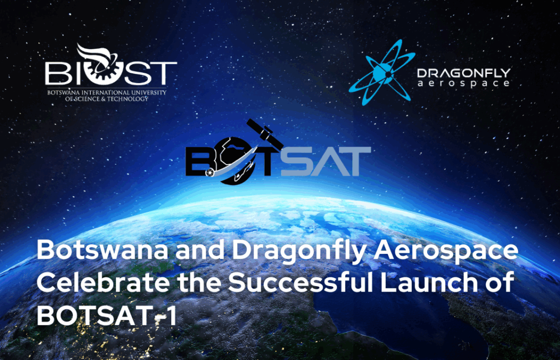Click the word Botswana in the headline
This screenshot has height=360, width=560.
(x=102, y=251)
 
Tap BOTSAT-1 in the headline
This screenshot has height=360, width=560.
(x=107, y=315)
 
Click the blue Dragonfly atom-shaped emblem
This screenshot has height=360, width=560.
(x=382, y=73)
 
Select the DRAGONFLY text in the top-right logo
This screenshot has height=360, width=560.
(x=464, y=73)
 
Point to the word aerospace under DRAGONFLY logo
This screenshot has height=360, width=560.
(x=464, y=84)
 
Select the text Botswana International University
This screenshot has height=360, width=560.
(x=107, y=92)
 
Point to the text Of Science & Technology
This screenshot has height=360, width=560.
(x=107, y=99)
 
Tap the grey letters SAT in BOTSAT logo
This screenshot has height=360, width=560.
(x=326, y=161)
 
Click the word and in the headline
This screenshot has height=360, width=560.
(x=200, y=251)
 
